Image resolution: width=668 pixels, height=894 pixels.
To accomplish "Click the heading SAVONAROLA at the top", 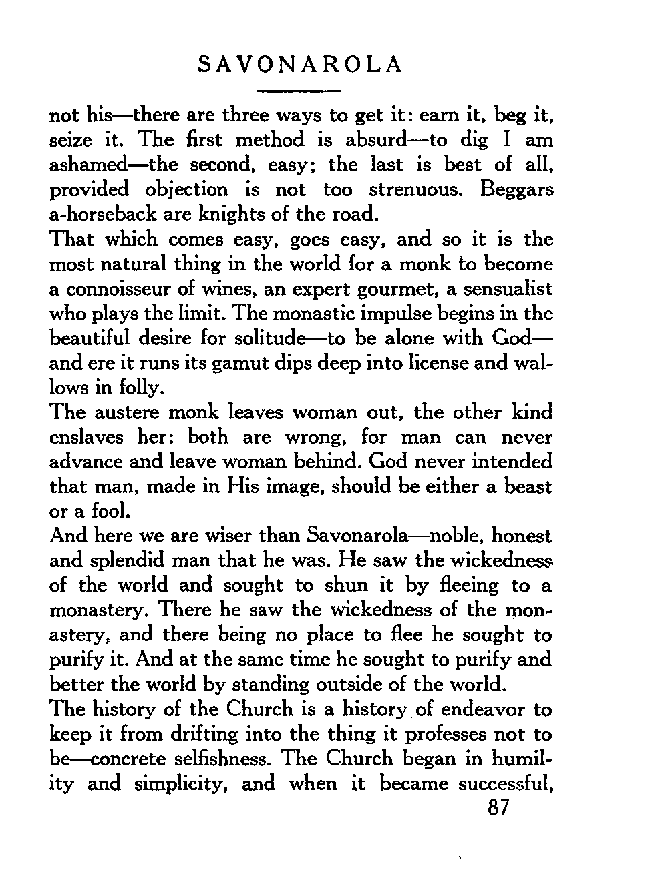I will [301, 65].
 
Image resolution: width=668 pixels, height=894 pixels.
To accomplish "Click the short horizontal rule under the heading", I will [300, 90].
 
